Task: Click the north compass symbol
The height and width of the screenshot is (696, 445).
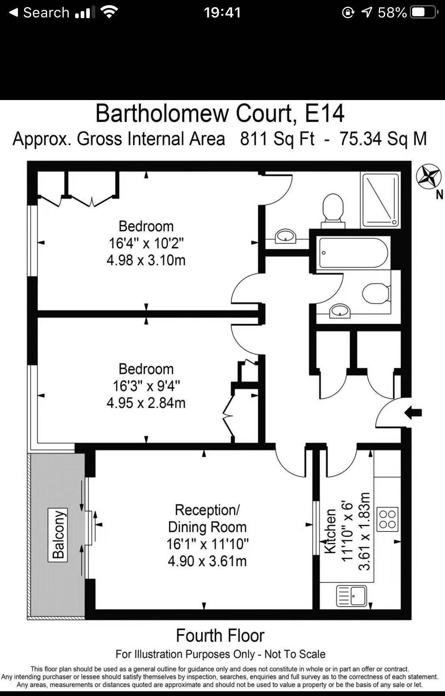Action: [429, 176]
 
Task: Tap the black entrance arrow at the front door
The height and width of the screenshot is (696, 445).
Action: [413, 412]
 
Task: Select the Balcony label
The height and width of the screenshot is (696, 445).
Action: [58, 535]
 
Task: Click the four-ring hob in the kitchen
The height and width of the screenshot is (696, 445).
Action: [387, 519]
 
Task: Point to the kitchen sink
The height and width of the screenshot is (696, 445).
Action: [352, 596]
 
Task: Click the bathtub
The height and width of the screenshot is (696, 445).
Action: [354, 253]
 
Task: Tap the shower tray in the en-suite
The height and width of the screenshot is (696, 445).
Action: [380, 200]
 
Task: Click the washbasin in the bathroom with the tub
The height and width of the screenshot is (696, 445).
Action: [340, 310]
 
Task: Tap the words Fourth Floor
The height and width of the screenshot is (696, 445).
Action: [220, 636]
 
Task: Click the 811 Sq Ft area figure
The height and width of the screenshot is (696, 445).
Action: [277, 139]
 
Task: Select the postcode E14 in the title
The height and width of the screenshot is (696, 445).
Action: [324, 113]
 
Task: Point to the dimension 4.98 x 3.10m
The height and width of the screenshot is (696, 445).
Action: [146, 260]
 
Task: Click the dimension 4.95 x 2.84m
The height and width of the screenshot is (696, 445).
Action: [146, 403]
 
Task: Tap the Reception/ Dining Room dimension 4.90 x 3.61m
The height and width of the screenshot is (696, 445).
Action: [207, 561]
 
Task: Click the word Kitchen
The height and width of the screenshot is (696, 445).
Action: [330, 531]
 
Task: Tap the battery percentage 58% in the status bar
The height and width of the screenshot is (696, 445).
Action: [392, 12]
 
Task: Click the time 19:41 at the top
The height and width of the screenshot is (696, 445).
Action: [222, 12]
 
